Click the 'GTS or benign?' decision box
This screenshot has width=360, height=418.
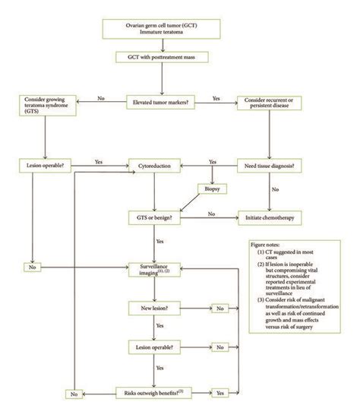[x=158, y=217]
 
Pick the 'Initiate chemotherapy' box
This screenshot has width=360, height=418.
[x=271, y=217]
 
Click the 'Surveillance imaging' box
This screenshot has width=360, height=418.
[x=158, y=271]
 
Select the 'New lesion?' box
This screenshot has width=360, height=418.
[x=158, y=308]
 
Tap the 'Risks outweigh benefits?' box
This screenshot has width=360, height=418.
[x=158, y=393]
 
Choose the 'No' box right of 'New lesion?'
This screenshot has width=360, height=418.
[x=220, y=308]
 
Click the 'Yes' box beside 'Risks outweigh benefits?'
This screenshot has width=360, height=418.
[x=220, y=393]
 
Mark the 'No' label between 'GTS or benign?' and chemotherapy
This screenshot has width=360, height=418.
[x=212, y=215]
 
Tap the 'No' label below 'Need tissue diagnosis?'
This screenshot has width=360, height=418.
[x=274, y=190]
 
